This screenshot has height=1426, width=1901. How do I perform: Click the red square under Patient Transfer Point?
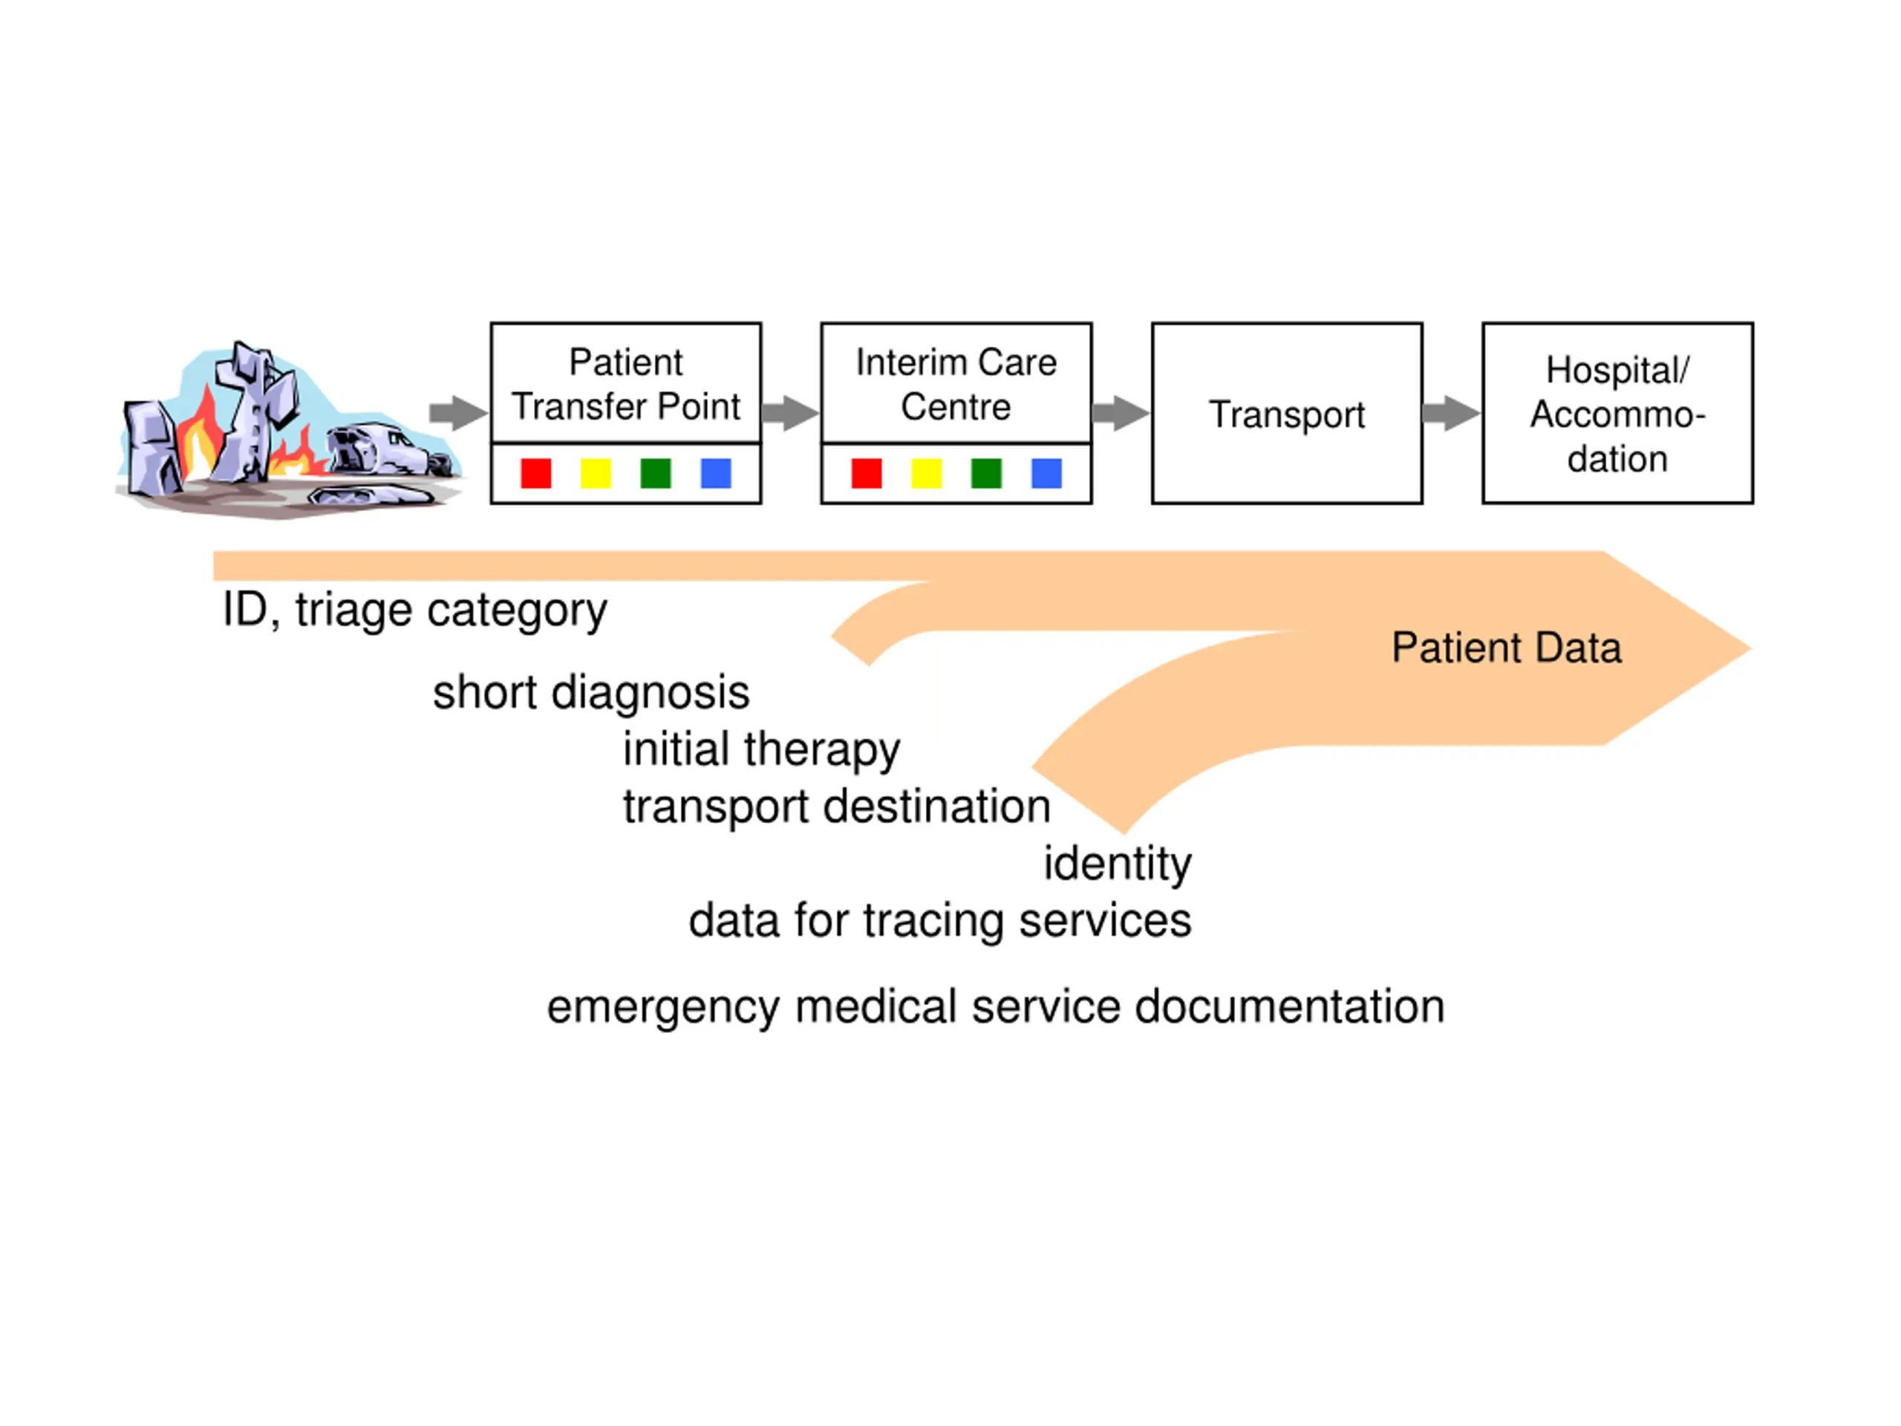(x=535, y=473)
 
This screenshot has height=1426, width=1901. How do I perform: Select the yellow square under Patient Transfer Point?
(x=596, y=473)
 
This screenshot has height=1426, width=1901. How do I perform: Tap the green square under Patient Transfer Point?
(x=656, y=473)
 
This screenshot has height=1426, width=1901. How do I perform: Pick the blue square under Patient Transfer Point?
(x=716, y=473)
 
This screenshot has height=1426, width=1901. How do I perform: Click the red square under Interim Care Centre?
(x=867, y=473)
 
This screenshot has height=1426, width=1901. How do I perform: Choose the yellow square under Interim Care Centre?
(x=927, y=473)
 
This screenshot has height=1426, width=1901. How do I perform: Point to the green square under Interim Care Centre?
(x=987, y=473)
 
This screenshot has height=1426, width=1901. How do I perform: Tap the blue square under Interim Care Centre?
(x=1047, y=473)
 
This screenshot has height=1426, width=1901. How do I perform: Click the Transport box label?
(x=1287, y=415)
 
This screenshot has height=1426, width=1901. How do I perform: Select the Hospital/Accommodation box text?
(x=1617, y=414)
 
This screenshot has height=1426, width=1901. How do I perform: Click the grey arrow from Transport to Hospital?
(x=1452, y=413)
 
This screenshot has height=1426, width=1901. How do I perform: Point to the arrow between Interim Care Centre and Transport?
(x=1121, y=413)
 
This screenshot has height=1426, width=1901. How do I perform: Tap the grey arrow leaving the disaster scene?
(x=458, y=413)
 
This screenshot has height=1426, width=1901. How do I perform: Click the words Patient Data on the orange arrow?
(x=1507, y=647)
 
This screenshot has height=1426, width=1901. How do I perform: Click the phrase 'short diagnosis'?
(x=591, y=693)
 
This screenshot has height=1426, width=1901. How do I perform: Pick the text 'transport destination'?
(x=837, y=808)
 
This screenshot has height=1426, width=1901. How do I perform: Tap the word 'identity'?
(x=1118, y=864)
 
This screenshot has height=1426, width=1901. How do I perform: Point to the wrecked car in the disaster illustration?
(x=388, y=449)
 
